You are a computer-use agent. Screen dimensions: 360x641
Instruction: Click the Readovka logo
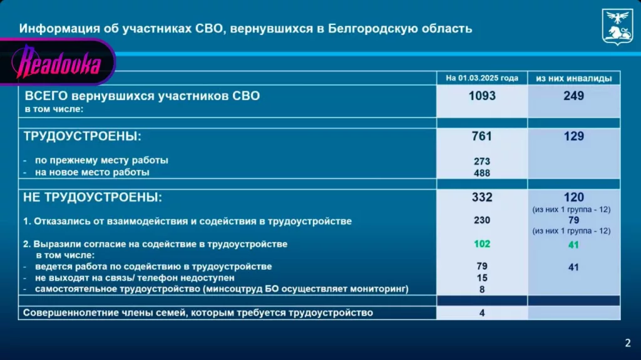click(x=59, y=61)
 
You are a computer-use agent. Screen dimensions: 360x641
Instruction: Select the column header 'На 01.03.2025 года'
click(x=481, y=78)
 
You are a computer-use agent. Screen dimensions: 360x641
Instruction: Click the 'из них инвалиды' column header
click(x=573, y=78)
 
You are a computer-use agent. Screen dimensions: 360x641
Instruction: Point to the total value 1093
click(x=481, y=96)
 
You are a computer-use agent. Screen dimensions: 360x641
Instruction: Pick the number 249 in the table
click(x=573, y=96)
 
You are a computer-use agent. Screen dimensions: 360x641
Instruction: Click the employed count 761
click(x=481, y=136)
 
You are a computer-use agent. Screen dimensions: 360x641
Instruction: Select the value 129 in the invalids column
click(x=573, y=136)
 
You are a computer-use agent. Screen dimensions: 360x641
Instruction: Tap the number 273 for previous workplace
click(x=481, y=161)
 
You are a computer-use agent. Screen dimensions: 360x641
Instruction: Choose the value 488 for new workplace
click(x=481, y=173)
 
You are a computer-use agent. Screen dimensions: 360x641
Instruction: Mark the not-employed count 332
click(x=481, y=197)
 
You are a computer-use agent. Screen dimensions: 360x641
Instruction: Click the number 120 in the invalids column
click(x=573, y=197)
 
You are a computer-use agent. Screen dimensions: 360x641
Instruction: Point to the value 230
click(x=481, y=220)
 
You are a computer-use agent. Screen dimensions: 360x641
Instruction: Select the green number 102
click(x=481, y=244)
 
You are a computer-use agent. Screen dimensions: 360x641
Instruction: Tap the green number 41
click(x=573, y=245)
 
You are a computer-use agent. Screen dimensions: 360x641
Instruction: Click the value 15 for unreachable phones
click(x=481, y=277)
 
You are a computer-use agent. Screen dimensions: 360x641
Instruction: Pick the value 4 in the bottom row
click(x=481, y=312)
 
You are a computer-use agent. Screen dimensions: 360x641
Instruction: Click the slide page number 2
click(x=627, y=342)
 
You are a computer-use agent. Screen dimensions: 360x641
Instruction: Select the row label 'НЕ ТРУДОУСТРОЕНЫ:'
click(x=93, y=197)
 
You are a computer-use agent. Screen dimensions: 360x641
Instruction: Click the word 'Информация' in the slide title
click(x=51, y=28)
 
